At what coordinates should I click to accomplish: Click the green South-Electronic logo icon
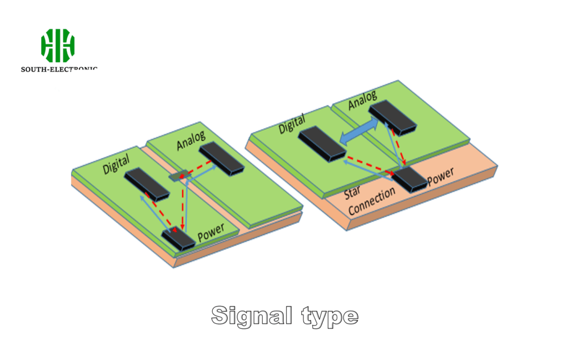(57, 46)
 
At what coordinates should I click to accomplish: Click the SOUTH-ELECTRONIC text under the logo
(59, 69)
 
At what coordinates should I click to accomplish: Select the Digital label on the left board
(116, 164)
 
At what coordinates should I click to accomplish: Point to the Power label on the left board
(211, 230)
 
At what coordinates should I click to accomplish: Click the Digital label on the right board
(292, 123)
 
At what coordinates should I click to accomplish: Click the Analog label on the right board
(362, 101)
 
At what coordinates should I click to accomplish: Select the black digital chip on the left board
(146, 184)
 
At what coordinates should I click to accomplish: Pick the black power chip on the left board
(178, 239)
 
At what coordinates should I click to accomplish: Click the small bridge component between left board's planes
(179, 176)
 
